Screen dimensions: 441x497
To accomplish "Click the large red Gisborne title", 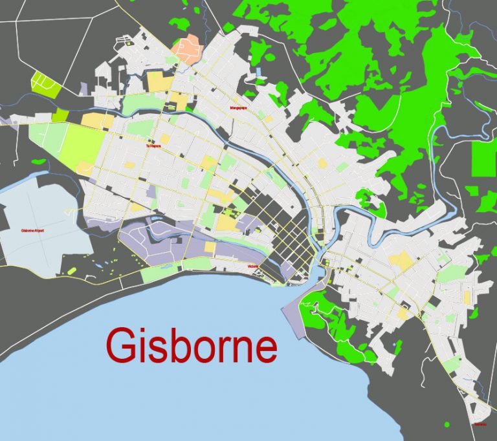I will pos(192,347).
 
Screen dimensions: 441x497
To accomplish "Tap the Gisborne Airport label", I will pos(32,230).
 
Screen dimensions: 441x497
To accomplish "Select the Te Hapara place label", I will pos(153,146).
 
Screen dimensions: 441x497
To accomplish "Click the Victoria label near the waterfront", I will pos(253,266).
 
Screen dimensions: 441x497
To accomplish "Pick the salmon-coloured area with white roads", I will pos(187,48).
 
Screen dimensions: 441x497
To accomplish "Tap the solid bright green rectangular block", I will pos(483,158).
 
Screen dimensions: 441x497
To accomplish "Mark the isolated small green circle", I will pos(445,424).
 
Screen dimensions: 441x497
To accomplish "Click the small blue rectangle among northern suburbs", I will pos(259,72).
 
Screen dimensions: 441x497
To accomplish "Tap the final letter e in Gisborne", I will pos(265,350).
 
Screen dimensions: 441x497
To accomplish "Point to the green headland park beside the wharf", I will pos(330,317).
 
